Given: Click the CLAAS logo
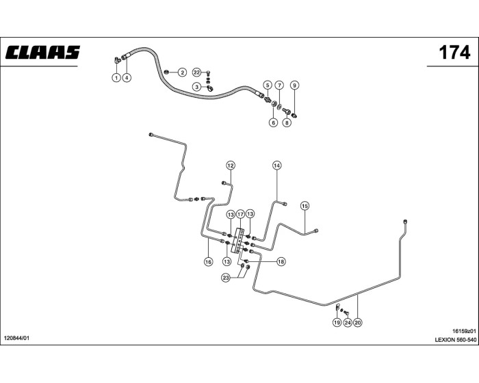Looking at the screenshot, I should tap(43, 53).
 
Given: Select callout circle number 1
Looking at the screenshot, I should tap(116, 78).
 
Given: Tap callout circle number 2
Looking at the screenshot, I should tap(183, 72).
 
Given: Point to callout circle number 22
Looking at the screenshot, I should tap(196, 72).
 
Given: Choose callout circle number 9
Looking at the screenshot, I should tap(294, 85).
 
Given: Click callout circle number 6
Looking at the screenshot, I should tap(273, 123).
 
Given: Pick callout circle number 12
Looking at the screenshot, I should tap(231, 166).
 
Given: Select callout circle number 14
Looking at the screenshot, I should tap(277, 166).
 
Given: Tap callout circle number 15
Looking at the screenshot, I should tap(305, 205).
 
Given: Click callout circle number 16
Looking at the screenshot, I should tap(208, 261).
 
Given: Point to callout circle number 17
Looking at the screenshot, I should tap(240, 214).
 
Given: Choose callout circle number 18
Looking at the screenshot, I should tap(281, 261).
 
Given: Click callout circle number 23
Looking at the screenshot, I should tap(225, 277).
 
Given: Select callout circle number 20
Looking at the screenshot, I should tap(357, 322).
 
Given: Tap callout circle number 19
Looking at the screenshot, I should tap(337, 322).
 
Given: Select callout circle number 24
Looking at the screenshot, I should tap(347, 322).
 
